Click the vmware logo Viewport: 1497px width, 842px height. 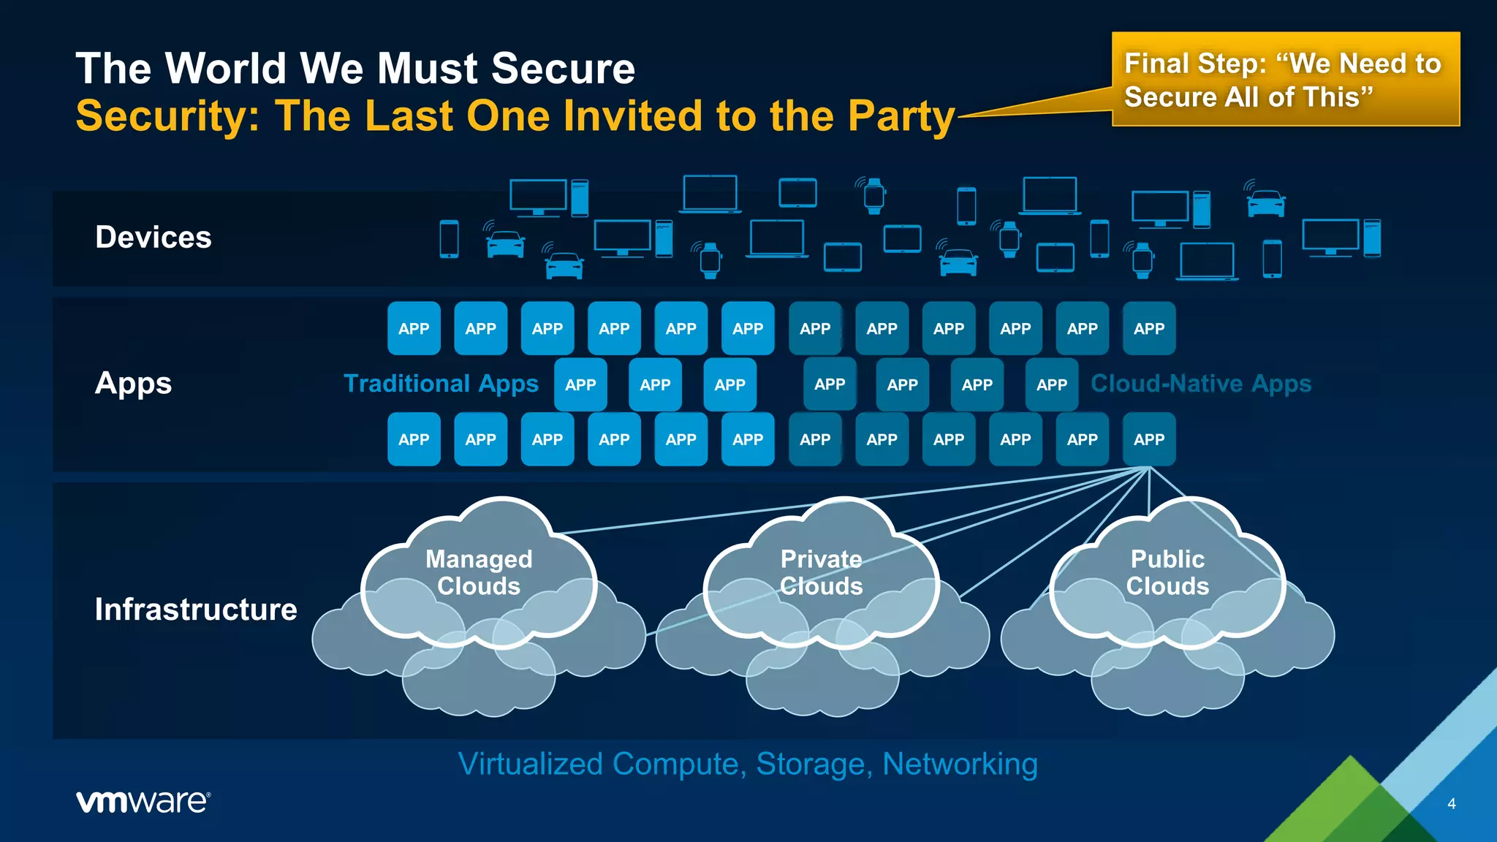143,801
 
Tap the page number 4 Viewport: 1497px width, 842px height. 1451,803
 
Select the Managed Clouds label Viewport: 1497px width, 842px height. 479,572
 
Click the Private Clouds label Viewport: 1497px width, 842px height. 821,572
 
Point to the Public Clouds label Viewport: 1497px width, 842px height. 1167,572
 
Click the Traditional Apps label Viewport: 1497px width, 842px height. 441,384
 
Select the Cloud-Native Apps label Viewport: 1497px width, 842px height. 1200,384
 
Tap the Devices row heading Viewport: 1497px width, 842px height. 154,238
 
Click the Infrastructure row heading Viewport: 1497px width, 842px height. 196,610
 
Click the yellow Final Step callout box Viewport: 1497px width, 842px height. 1285,80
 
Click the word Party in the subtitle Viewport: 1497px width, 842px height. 901,117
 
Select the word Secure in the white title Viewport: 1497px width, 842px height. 563,69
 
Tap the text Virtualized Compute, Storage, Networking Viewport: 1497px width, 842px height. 748,764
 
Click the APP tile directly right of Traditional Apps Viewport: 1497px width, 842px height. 580,384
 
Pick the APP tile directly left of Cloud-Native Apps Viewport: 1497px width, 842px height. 1051,384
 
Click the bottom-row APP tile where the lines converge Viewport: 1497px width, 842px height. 1149,439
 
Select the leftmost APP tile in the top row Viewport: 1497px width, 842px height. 414,328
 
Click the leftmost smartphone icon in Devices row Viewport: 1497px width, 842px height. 449,239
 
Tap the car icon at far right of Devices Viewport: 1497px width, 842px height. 1266,202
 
